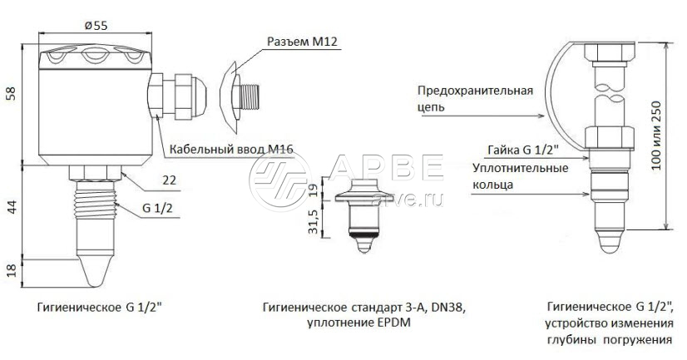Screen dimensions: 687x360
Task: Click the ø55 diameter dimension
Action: [96, 26]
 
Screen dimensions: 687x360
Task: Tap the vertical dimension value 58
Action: [11, 93]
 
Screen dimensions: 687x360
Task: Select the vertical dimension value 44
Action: [12, 207]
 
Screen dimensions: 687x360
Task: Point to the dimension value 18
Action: [12, 270]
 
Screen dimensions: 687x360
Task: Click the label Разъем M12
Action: [302, 42]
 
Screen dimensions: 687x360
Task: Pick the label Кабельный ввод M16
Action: [231, 149]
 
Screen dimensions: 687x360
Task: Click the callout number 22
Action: [169, 180]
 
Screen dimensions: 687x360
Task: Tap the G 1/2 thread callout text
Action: [157, 208]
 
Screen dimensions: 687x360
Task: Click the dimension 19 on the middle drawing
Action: [313, 190]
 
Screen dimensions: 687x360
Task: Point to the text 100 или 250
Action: [655, 136]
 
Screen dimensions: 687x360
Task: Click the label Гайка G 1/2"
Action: [523, 150]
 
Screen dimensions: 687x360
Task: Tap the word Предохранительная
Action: [476, 91]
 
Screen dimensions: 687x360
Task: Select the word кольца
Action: [492, 185]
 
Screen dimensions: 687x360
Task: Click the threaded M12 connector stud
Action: [250, 97]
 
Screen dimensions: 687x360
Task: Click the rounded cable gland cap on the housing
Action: [199, 96]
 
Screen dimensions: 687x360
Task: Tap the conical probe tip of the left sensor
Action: [96, 271]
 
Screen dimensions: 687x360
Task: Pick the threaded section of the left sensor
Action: [96, 200]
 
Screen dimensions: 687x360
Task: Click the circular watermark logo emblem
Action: [280, 181]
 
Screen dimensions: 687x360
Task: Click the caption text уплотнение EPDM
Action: [359, 323]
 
